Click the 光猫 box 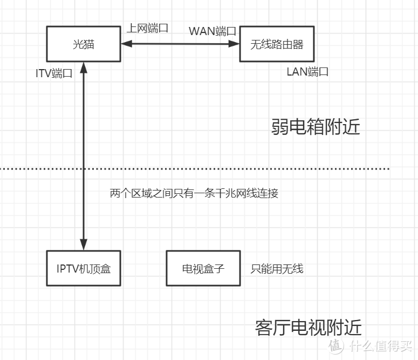click(x=84, y=44)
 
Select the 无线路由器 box click(x=276, y=44)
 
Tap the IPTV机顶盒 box click(x=84, y=268)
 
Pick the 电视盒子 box click(x=203, y=268)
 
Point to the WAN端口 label click(x=213, y=31)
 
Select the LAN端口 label click(x=307, y=72)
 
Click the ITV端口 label click(x=54, y=74)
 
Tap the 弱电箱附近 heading click(x=316, y=127)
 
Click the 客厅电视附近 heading click(x=308, y=327)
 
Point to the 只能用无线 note click(x=277, y=268)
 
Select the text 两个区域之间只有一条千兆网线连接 click(x=194, y=193)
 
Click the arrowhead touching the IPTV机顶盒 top click(x=84, y=246)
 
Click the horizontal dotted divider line click(x=216, y=169)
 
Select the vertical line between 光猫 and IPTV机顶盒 click(x=84, y=157)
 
